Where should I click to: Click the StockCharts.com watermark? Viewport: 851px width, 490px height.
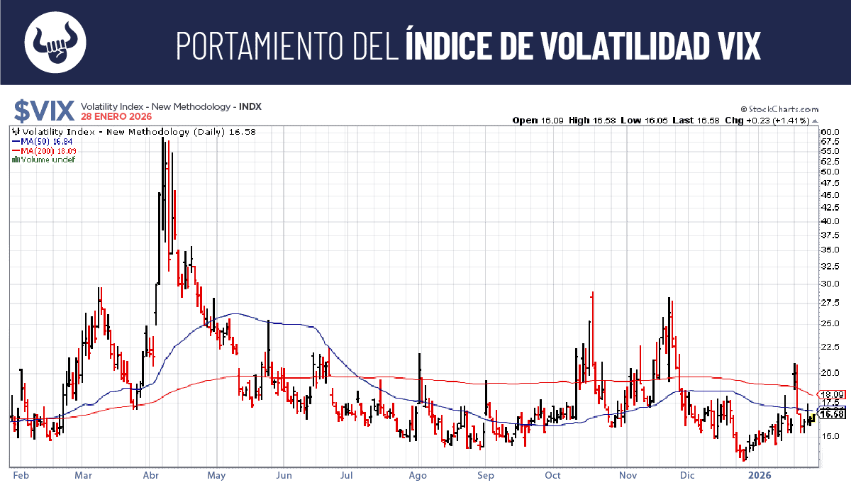click(x=779, y=109)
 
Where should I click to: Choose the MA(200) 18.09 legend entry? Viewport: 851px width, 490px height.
click(x=45, y=150)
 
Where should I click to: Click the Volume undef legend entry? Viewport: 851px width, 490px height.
click(x=44, y=160)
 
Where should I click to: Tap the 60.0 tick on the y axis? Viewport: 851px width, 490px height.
click(x=830, y=132)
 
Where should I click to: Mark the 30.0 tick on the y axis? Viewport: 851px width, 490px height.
click(x=830, y=284)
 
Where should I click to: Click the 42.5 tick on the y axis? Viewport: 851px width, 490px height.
click(x=830, y=208)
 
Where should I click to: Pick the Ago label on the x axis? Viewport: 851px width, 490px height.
click(x=418, y=476)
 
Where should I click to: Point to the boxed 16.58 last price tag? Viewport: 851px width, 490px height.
click(x=830, y=414)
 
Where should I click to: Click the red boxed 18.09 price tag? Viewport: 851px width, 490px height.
click(x=830, y=394)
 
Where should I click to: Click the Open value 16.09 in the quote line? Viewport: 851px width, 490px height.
click(x=553, y=121)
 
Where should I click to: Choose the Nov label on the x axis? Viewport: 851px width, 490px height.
click(x=628, y=476)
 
